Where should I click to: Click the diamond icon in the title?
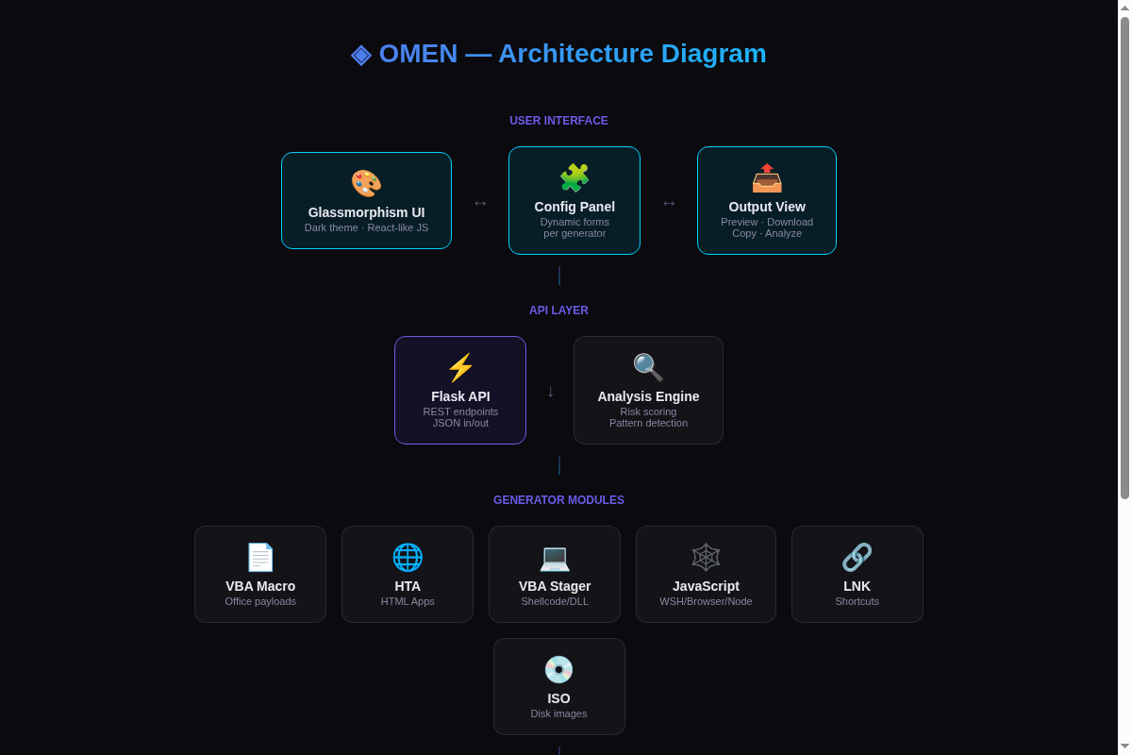[x=360, y=55]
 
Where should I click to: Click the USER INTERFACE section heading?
[x=558, y=121]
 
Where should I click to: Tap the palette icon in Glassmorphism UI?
[x=366, y=183]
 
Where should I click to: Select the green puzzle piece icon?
[x=574, y=177]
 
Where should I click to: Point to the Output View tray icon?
[x=767, y=177]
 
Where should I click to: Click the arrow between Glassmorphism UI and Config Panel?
[x=480, y=203]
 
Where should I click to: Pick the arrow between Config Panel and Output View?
[x=669, y=203]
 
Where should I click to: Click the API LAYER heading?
[x=558, y=310]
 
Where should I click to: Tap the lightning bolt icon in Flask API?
[x=460, y=367]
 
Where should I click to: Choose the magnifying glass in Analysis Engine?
[x=648, y=367]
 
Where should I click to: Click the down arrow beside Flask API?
[x=550, y=392]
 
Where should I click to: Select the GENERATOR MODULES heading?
[x=558, y=500]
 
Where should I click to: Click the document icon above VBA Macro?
[x=260, y=557]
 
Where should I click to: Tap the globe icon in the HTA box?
[x=408, y=557]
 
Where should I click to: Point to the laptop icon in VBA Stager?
[x=555, y=559]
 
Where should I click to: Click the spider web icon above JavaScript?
[x=706, y=557]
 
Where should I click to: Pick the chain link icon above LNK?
[x=857, y=557]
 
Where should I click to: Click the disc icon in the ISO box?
[x=558, y=669]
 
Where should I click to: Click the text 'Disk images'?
[x=558, y=713]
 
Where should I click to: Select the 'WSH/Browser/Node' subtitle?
[x=706, y=601]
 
